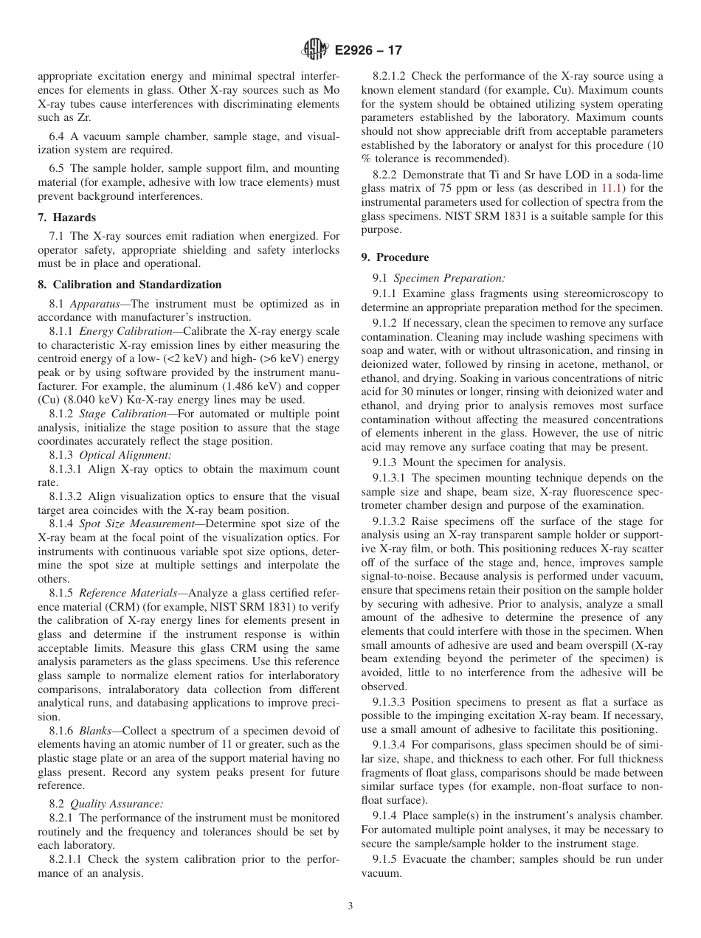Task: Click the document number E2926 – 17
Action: pos(368,51)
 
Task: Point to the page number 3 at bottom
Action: pos(350,907)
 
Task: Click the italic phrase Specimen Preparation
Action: pos(449,278)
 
